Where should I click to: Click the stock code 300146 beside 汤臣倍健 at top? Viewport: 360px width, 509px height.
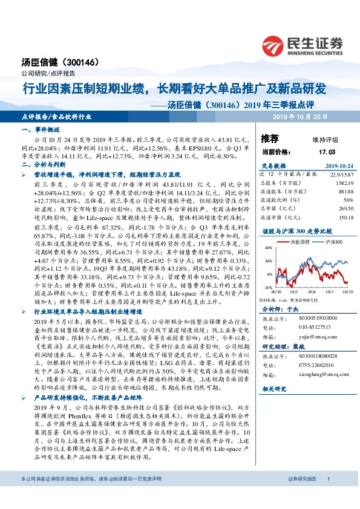tap(74, 62)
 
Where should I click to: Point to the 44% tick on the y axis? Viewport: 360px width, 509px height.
tap(267, 247)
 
